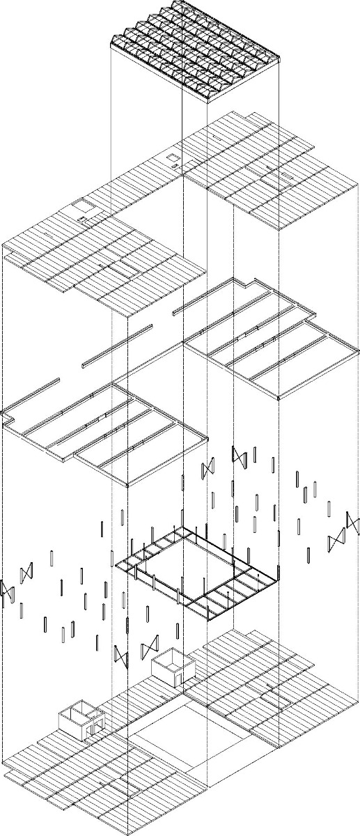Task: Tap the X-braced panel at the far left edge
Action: pyautogui.click(x=8, y=591)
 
